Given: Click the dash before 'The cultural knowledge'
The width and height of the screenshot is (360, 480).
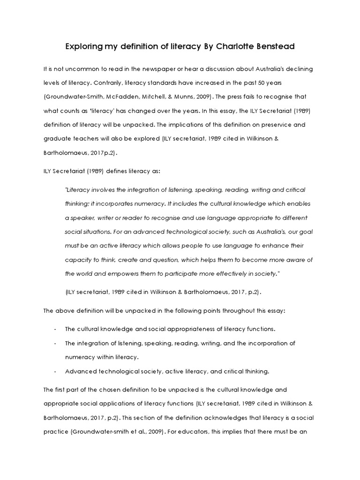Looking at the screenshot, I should (55, 329).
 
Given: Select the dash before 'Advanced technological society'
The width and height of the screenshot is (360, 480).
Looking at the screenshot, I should (55, 372).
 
